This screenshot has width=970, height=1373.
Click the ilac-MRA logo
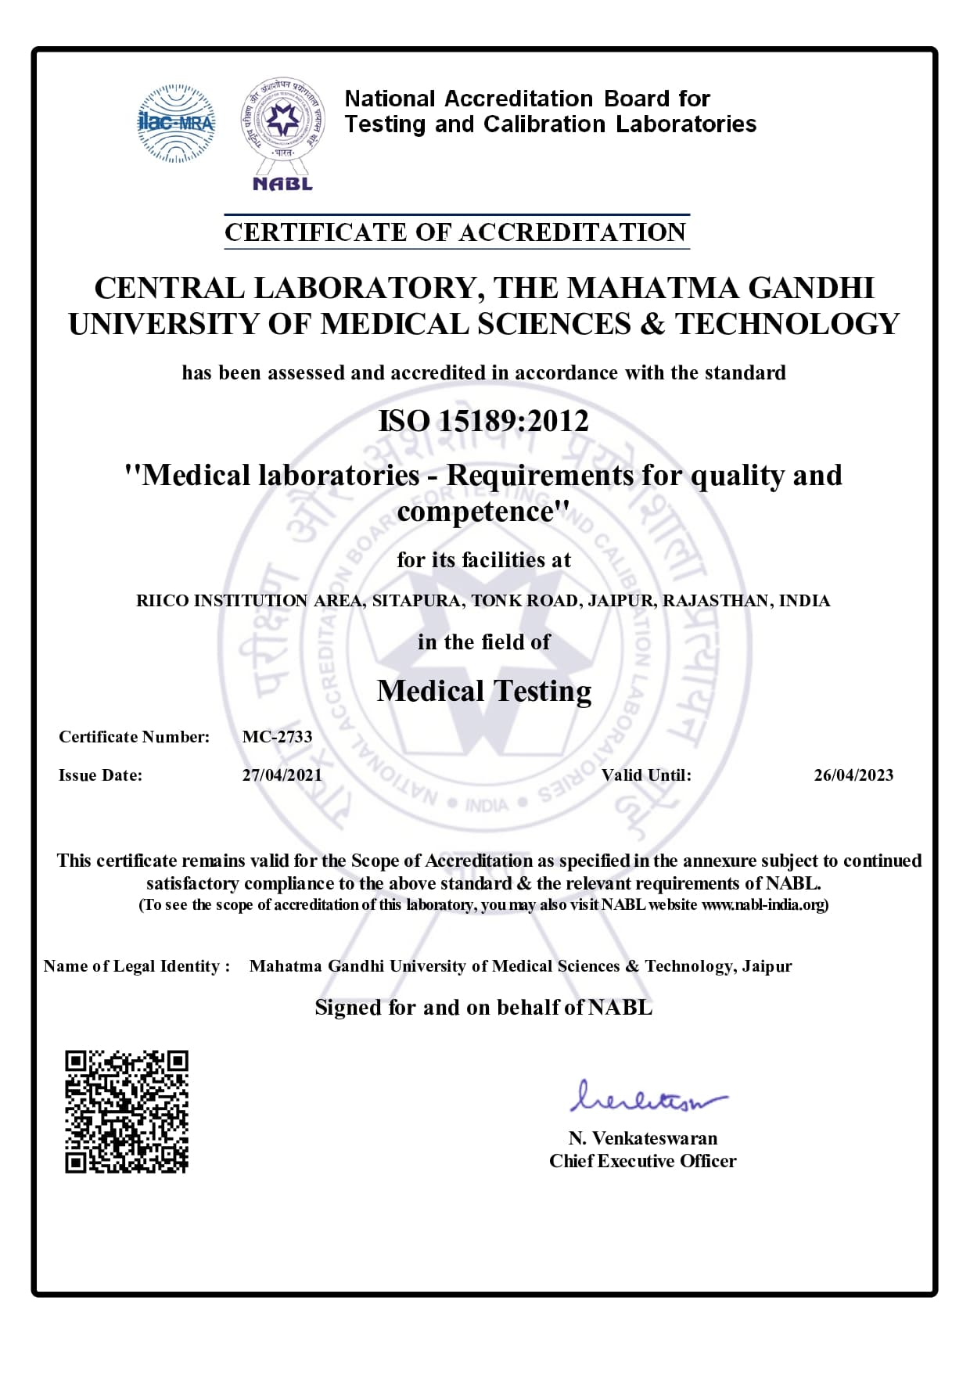(x=176, y=123)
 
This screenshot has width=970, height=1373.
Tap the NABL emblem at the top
(x=282, y=133)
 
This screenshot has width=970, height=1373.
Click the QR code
(x=126, y=1111)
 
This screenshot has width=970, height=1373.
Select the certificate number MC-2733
(x=277, y=737)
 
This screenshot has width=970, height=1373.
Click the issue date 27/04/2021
(x=282, y=775)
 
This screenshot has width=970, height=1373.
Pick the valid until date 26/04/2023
(x=853, y=775)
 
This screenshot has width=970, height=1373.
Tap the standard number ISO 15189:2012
(x=483, y=421)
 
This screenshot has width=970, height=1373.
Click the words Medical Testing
(x=483, y=691)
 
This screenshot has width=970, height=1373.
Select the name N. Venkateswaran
(x=642, y=1138)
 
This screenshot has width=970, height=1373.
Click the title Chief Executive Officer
(x=642, y=1161)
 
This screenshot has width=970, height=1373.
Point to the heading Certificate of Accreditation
(x=455, y=232)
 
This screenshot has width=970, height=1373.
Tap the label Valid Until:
(x=646, y=775)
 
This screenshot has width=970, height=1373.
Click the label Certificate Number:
(x=134, y=737)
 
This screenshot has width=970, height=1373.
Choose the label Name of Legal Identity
(x=136, y=966)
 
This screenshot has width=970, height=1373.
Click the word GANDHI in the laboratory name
(x=811, y=288)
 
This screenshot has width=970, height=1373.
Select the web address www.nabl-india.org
(x=763, y=905)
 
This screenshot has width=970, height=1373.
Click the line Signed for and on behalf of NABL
(x=483, y=1008)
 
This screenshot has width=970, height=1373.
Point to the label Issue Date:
(x=100, y=775)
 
